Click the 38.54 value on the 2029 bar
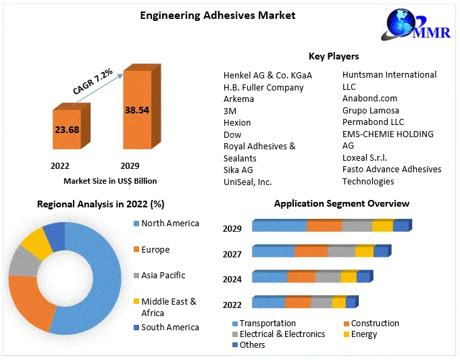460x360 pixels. pyautogui.click(x=136, y=109)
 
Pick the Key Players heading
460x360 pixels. pyautogui.click(x=334, y=57)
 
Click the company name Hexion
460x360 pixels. pyautogui.click(x=237, y=122)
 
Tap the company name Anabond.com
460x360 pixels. pyautogui.click(x=369, y=98)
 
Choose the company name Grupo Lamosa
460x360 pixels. pyautogui.click(x=371, y=110)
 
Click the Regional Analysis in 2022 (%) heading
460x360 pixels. pyautogui.click(x=101, y=204)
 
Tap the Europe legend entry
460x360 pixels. pyautogui.click(x=155, y=249)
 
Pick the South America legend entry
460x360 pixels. pyautogui.click(x=170, y=327)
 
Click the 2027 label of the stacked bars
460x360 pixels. pyautogui.click(x=232, y=254)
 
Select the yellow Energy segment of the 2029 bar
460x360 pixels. pyautogui.click(x=382, y=226)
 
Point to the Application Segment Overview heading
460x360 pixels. pyautogui.click(x=341, y=203)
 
